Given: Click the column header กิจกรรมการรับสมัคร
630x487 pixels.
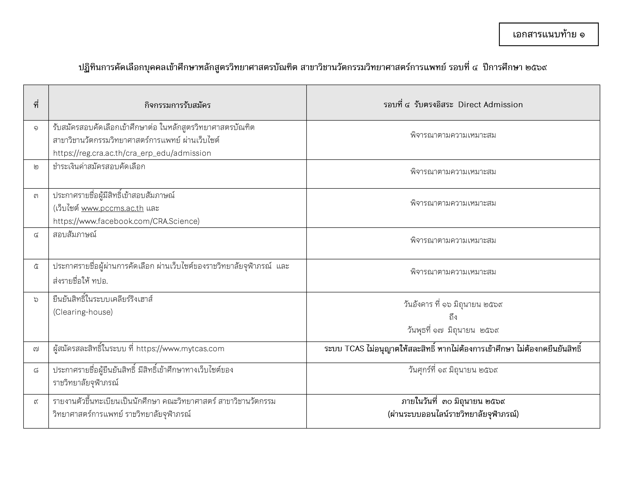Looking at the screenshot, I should pos(177,105).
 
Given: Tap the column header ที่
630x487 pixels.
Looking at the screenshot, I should pos(36,105).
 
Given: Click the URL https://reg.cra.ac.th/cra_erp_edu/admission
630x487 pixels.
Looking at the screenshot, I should pos(132,153).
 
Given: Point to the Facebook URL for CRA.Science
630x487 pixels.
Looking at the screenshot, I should pos(126,221).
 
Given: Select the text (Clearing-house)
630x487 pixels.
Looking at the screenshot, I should pos(83,312).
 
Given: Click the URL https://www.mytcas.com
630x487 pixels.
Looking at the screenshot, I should pos(180,349).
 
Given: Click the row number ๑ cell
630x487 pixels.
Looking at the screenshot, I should pos(36,127).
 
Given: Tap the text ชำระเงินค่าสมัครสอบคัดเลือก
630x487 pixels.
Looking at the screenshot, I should pos(99,167).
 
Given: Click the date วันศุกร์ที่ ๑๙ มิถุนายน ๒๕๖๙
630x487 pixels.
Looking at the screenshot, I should pos(453,370).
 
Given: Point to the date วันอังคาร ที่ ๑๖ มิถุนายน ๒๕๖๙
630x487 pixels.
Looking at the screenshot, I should pos(453,304).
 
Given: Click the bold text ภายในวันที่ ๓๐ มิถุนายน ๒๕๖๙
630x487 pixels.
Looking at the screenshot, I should pos(453,401).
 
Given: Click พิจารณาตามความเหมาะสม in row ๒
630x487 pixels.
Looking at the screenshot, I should pos(453,172).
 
